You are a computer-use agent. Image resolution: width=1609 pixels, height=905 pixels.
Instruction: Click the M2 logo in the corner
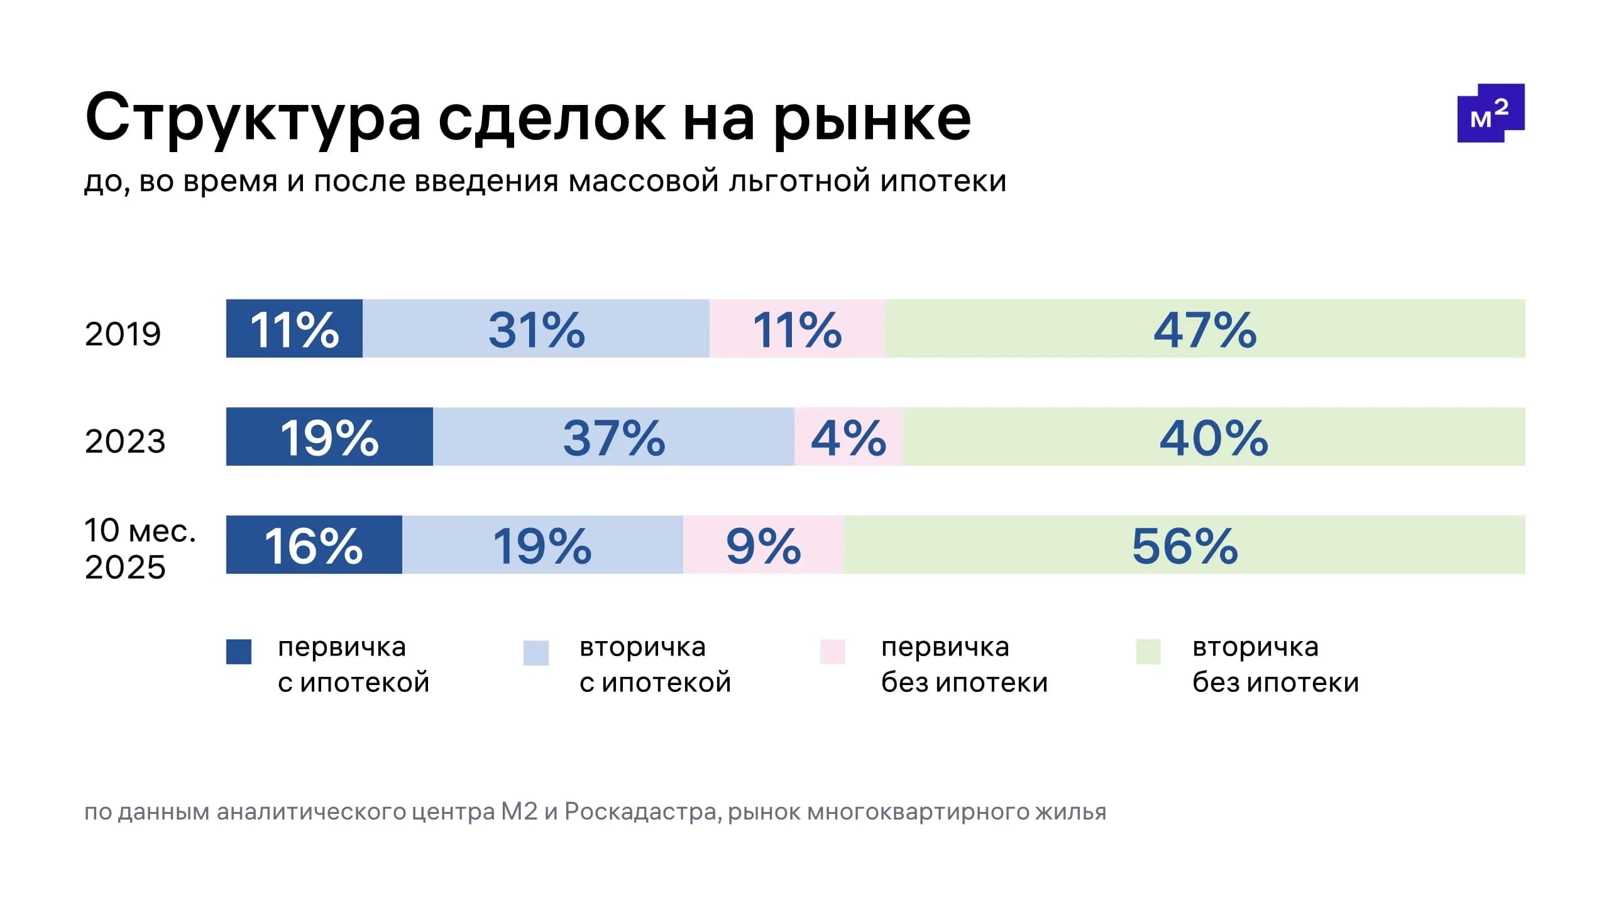[1490, 113]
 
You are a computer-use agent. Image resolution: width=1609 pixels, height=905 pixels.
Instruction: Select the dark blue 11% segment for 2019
[294, 329]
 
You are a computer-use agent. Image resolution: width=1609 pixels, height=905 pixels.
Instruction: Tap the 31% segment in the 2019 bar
[536, 329]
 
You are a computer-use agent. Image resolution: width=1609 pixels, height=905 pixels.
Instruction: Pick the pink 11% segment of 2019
[797, 329]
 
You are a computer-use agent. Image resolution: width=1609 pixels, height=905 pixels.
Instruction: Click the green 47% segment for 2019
[1205, 329]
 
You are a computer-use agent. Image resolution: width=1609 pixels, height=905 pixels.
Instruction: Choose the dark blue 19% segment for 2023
[329, 437]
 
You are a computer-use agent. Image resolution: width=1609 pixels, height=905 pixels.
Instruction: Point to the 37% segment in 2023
[613, 437]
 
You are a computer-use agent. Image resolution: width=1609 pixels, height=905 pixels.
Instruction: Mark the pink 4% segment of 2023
[848, 437]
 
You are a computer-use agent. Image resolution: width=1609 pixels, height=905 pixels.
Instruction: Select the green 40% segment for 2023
[1214, 437]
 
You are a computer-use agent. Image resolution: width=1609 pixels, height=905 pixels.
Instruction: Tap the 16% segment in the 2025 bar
[314, 545]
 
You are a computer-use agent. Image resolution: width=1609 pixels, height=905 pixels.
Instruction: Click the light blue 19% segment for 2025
[542, 545]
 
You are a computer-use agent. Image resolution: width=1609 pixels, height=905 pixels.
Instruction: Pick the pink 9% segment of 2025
[763, 545]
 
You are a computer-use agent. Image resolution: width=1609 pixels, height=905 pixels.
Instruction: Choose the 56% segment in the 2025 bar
[1185, 545]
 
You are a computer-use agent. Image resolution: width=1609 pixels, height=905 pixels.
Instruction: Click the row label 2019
[123, 334]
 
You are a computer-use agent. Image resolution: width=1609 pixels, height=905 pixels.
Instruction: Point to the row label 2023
[125, 441]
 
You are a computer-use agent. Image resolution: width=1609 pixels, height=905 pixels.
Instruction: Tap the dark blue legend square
[239, 652]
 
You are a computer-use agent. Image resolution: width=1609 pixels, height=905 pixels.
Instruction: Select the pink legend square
[833, 652]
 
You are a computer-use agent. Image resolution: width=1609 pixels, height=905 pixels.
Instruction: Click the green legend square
[1148, 652]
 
